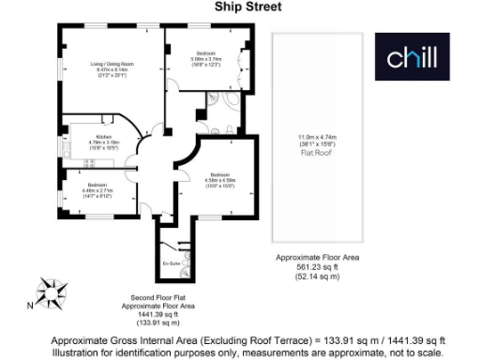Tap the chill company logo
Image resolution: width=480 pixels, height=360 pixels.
pyautogui.click(x=412, y=59)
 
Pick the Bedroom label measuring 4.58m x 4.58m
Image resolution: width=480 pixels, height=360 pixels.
pyautogui.click(x=221, y=174)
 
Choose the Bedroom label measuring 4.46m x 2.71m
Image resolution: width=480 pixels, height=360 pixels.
pyautogui.click(x=97, y=184)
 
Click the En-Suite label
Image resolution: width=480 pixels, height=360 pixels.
pyautogui.click(x=170, y=264)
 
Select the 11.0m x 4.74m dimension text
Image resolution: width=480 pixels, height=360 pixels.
pyautogui.click(x=315, y=136)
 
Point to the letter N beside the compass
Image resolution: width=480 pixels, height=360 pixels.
pyautogui.click(x=30, y=305)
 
